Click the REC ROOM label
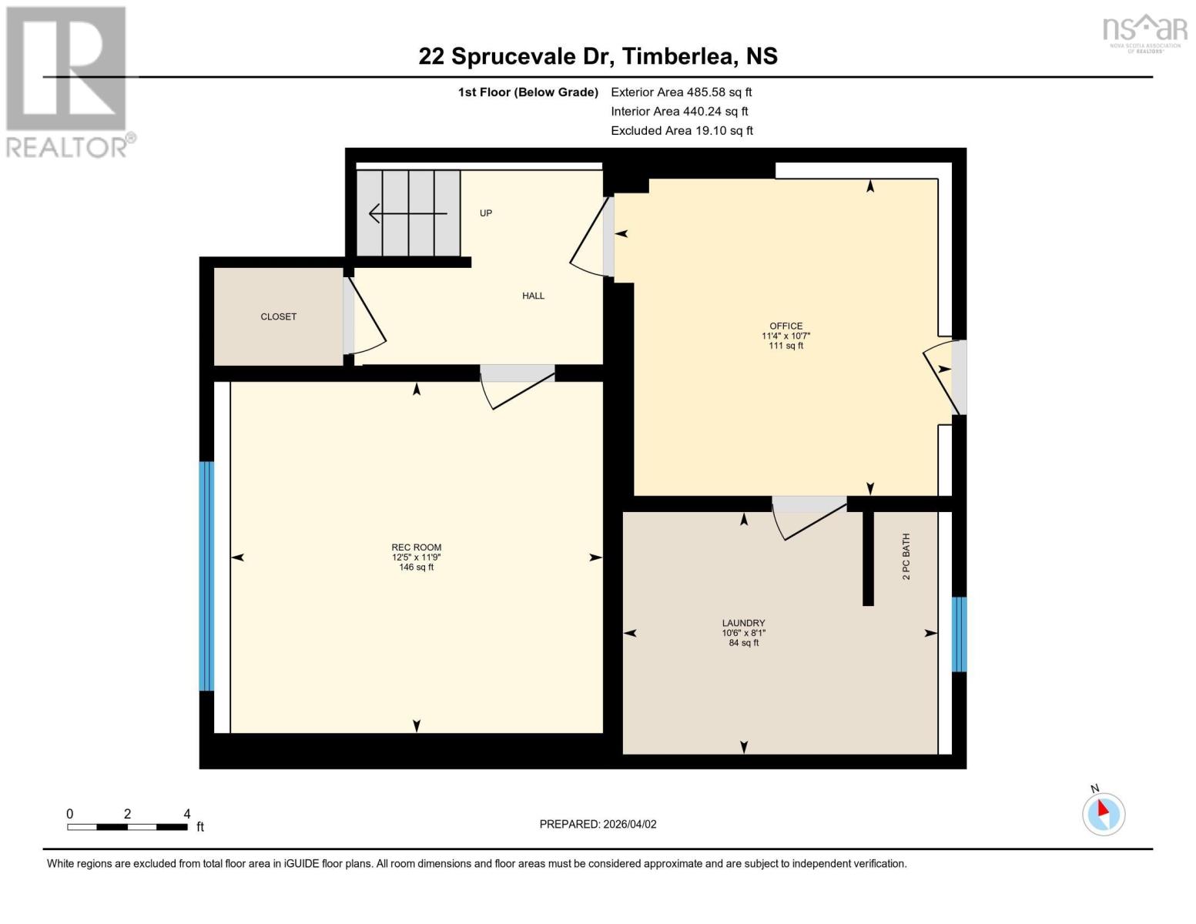[416, 547]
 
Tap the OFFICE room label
[786, 326]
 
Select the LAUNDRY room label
[743, 623]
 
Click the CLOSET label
[278, 316]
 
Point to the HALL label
[533, 296]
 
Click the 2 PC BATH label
[906, 556]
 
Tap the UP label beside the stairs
[485, 213]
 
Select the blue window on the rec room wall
[206, 575]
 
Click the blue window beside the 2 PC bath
[959, 634]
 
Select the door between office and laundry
[809, 517]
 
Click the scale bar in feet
[127, 826]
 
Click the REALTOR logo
[68, 82]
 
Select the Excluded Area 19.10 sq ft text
[682, 131]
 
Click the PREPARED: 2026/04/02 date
[598, 824]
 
